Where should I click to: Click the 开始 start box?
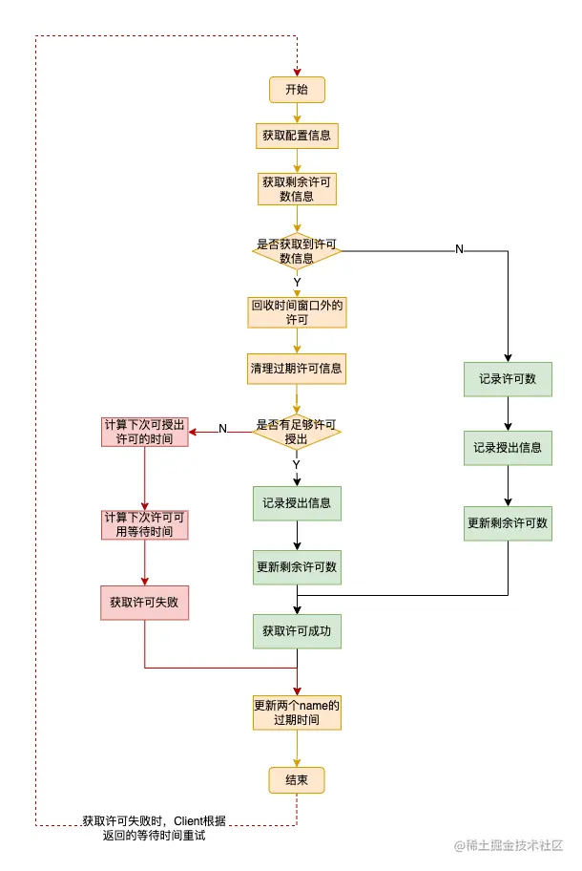coord(297,90)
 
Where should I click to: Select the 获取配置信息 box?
coord(297,136)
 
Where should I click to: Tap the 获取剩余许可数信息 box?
coord(297,188)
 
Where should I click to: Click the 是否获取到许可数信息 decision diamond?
coord(297,250)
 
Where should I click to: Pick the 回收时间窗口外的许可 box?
coord(297,312)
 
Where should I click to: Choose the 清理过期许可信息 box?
coord(297,368)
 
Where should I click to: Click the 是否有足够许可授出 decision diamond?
coord(297,432)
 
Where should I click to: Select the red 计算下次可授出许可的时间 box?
coord(145,432)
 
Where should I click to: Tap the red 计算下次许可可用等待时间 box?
coord(145,523)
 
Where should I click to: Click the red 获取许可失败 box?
coord(145,603)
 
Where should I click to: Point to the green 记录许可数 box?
coord(508,379)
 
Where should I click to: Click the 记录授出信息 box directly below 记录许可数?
coord(508,447)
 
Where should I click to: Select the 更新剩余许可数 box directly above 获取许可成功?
coord(297,566)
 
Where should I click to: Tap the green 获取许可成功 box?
coord(297,631)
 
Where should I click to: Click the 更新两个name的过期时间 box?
coord(297,712)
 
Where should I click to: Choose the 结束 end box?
coord(297,780)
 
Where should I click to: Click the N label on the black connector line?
coord(459,249)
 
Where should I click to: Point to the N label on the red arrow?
coord(222,429)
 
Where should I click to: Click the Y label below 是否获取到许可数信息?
coord(297,283)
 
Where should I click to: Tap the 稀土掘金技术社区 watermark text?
coord(515,846)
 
